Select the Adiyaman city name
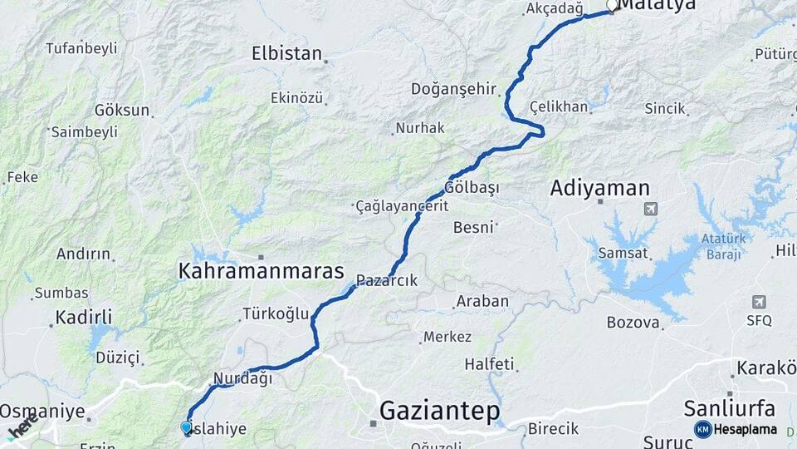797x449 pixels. (599, 189)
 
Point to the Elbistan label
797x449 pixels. (286, 54)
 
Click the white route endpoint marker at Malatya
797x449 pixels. (612, 6)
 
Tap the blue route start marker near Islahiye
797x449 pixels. (186, 427)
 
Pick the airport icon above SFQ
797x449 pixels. (758, 302)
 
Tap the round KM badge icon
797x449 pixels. (702, 429)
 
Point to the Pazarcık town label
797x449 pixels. (387, 281)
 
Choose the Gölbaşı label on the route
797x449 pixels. (472, 187)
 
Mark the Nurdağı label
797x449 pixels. (243, 378)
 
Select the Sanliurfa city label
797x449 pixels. (730, 408)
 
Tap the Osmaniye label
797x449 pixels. (42, 411)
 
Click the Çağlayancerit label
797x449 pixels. (402, 206)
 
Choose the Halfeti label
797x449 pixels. (489, 363)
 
